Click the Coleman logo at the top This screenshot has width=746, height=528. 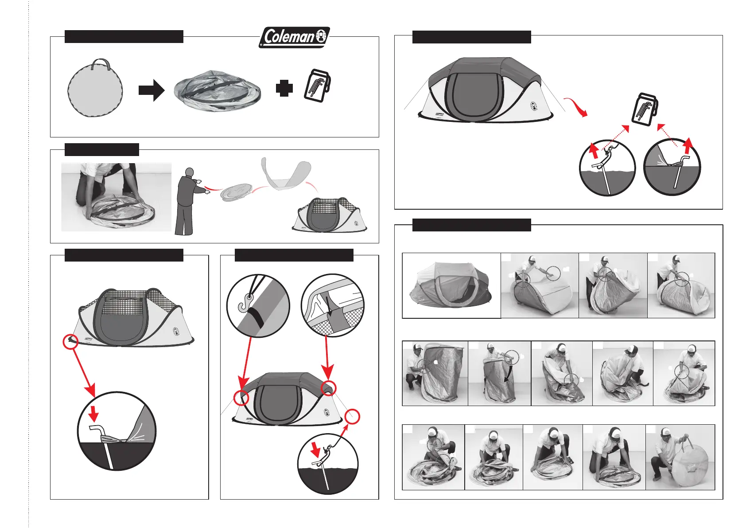(294, 37)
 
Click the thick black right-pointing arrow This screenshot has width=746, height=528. (152, 90)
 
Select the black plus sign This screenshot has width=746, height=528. (284, 88)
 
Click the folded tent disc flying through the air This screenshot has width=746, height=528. (237, 193)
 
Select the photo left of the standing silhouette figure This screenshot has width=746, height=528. (116, 197)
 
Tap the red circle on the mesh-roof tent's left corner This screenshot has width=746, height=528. (70, 342)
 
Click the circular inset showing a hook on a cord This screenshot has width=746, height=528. (258, 305)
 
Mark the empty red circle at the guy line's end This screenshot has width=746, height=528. (352, 417)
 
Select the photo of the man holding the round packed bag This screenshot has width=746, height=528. (680, 457)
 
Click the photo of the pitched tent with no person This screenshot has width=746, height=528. (451, 286)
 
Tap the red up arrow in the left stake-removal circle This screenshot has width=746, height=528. (594, 151)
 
